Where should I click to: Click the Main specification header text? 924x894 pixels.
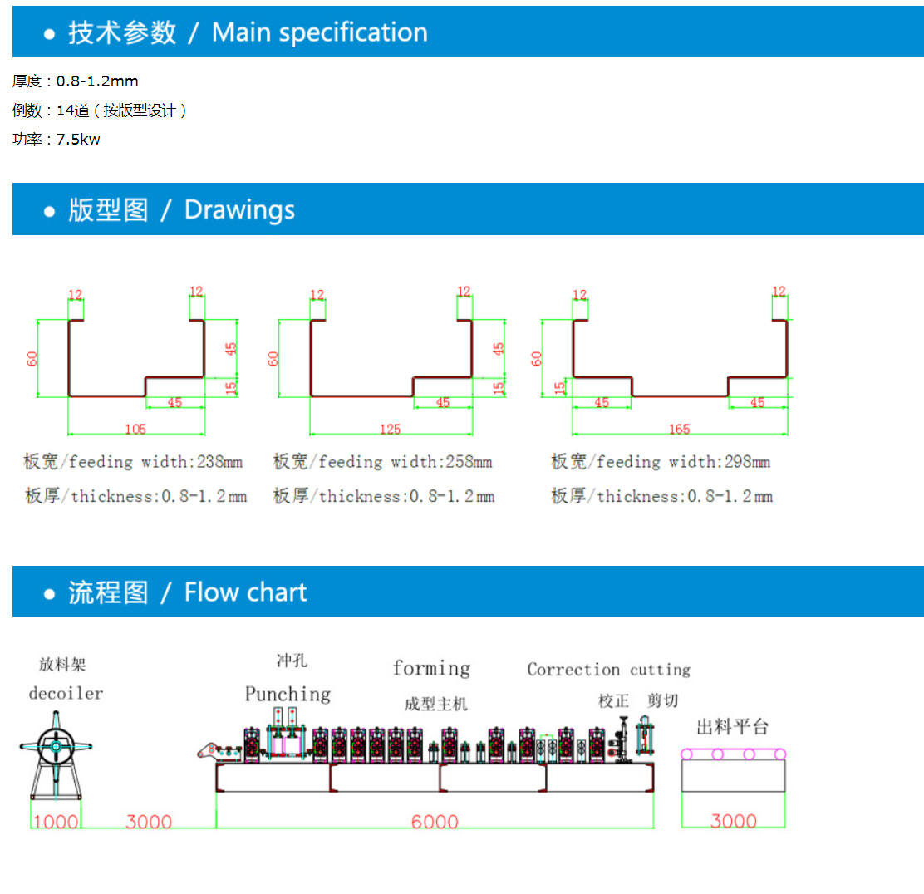[x=319, y=32]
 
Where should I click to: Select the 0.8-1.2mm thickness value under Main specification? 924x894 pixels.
[x=97, y=81]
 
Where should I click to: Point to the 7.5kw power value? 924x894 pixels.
[x=78, y=140]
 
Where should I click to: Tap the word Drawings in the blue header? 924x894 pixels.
[x=239, y=209]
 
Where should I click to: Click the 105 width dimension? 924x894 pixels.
[x=135, y=429]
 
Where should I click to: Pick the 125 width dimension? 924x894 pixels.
[x=390, y=429]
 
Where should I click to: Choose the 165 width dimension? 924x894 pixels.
[x=679, y=429]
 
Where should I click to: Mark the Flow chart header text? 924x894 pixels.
[x=245, y=592]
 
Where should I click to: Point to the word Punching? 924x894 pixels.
[x=288, y=694]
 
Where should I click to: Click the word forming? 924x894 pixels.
[x=431, y=668]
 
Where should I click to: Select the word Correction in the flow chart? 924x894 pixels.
[x=573, y=670]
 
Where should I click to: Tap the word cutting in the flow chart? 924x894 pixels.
[x=660, y=670]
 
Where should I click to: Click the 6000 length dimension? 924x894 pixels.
[x=435, y=822]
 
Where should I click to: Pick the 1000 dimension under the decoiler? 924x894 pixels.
[x=56, y=822]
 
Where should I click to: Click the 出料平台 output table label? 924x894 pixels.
[x=732, y=728]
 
